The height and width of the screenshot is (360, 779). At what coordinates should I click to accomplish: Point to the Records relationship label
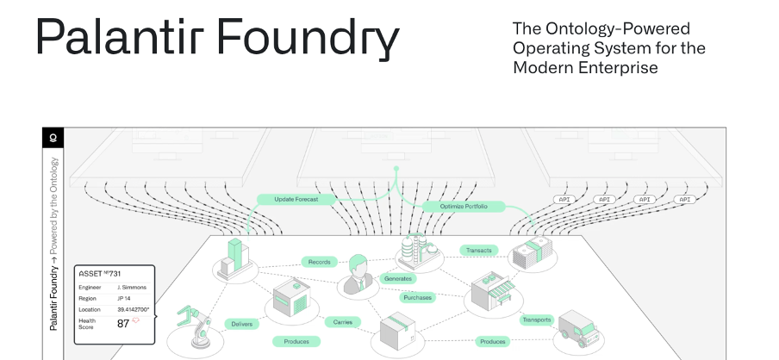click(x=318, y=261)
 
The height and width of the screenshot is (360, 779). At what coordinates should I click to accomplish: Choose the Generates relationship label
click(x=397, y=278)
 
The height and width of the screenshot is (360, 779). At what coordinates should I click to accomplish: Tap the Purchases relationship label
click(x=417, y=297)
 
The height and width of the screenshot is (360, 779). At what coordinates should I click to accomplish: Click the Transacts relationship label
click(x=478, y=251)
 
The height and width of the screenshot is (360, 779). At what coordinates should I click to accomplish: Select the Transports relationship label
click(x=536, y=320)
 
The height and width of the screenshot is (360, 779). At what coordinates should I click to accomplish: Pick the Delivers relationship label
click(x=241, y=324)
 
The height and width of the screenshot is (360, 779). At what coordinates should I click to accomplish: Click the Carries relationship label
click(x=342, y=322)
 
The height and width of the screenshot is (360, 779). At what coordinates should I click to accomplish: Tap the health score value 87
click(x=123, y=324)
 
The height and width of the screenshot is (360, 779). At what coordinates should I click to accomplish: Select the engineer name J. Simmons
click(x=132, y=287)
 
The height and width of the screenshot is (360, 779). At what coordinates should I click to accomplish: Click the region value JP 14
click(x=125, y=298)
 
